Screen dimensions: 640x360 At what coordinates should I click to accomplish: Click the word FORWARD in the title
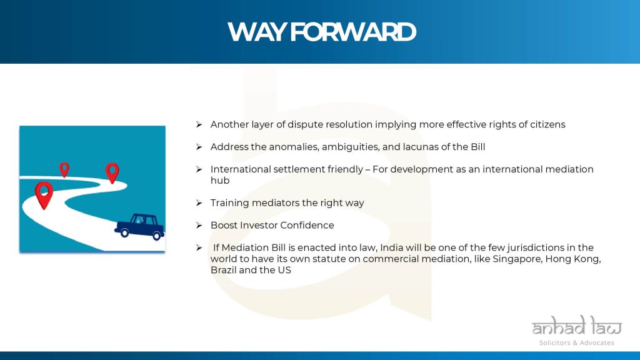(354, 32)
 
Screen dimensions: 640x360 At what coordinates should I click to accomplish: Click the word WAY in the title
(257, 32)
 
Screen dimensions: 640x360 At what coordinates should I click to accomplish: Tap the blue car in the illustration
(140, 226)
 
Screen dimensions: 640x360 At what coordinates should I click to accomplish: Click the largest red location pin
(44, 195)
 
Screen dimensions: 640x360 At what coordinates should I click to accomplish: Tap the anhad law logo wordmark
(576, 326)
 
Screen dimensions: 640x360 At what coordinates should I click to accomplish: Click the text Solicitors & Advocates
(576, 343)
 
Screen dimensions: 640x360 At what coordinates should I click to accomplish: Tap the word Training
(229, 203)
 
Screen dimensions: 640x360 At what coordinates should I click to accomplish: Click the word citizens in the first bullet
(547, 124)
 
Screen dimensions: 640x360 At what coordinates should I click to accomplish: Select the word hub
(220, 181)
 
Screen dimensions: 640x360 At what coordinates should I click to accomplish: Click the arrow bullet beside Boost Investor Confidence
(199, 225)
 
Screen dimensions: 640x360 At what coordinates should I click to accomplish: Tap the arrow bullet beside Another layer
(199, 124)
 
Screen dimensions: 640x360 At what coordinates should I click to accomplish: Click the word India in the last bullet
(391, 247)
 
